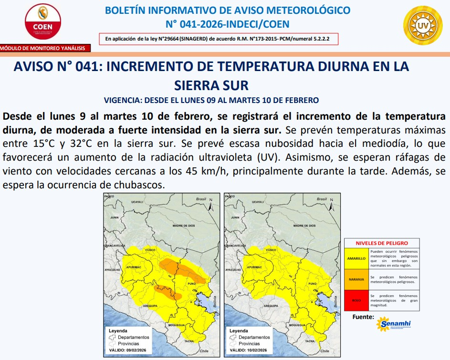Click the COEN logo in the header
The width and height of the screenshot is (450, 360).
(x=43, y=22)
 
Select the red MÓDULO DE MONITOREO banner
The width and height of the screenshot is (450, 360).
(x=45, y=48)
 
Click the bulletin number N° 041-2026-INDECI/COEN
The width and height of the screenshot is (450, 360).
(x=227, y=24)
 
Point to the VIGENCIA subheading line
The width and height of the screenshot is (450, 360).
(x=211, y=100)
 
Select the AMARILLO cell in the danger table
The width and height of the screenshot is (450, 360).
(x=356, y=258)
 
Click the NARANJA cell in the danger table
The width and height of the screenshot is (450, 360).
(x=356, y=279)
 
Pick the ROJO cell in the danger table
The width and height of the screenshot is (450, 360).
(x=356, y=301)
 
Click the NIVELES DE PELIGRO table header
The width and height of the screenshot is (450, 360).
(x=382, y=243)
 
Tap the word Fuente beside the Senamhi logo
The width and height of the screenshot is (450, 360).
(x=363, y=317)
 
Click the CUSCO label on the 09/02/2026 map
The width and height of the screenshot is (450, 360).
(x=151, y=250)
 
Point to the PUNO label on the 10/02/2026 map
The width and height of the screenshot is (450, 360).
(x=312, y=284)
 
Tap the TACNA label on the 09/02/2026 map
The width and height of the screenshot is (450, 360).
(x=189, y=341)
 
